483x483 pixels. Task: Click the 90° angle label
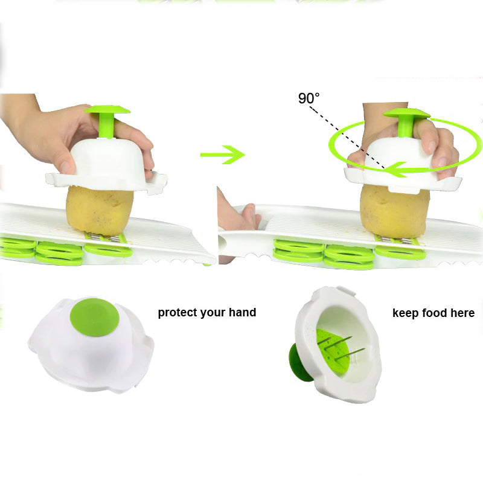pos(309,98)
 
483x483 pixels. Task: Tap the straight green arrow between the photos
pos(222,155)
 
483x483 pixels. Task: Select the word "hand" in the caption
pos(243,312)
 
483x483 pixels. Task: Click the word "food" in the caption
pos(435,313)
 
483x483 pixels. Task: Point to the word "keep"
pos(406,313)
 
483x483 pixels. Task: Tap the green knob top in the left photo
pos(107,109)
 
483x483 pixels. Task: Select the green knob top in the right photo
pos(406,113)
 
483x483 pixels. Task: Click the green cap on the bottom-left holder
pos(95,317)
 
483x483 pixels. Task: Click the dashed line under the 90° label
pos(347,138)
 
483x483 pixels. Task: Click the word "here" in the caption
pos(462,313)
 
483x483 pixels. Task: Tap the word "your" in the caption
pos(213,313)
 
